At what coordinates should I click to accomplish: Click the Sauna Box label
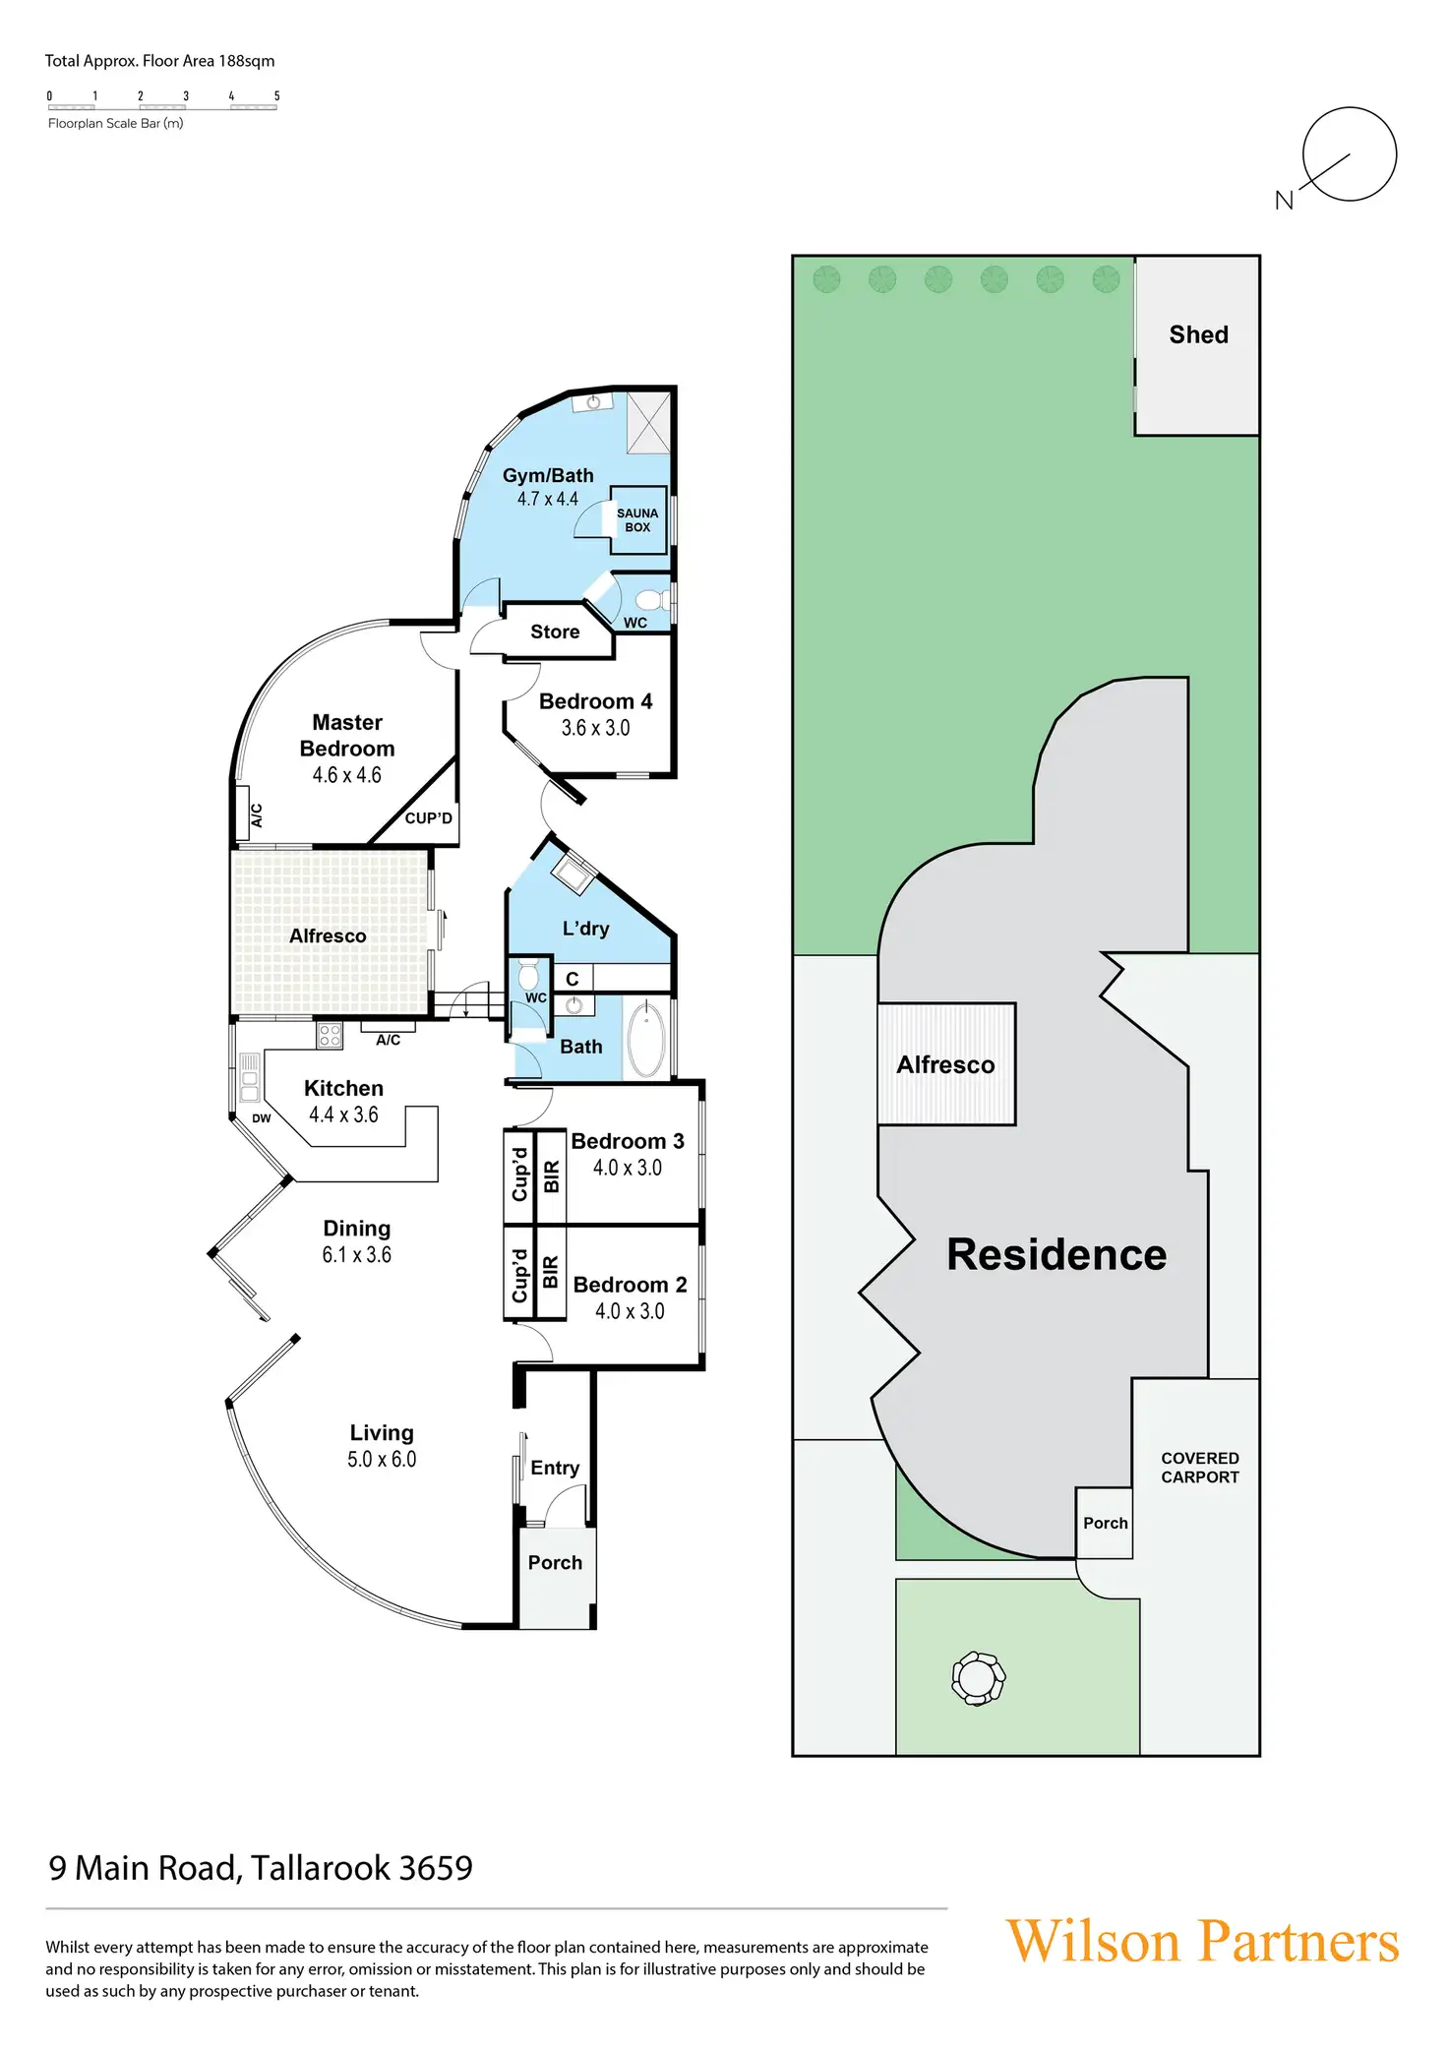click(637, 520)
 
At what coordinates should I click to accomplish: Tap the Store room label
click(555, 632)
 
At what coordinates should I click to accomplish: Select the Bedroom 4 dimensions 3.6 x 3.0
click(595, 728)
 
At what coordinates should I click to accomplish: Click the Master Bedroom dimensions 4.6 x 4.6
click(347, 775)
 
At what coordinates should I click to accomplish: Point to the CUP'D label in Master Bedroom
click(428, 818)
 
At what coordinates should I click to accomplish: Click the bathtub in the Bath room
click(646, 1041)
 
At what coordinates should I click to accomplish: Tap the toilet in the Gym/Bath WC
click(650, 600)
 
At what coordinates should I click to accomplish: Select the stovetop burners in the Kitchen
click(330, 1035)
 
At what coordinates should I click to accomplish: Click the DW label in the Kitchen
click(261, 1118)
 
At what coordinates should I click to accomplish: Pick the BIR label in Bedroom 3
click(552, 1176)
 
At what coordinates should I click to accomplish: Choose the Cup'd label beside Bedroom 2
click(519, 1276)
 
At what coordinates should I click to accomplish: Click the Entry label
click(555, 1468)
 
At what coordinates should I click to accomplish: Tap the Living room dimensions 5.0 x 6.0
click(382, 1460)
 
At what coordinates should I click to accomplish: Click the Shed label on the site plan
click(1198, 334)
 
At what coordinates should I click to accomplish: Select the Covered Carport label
click(1199, 1468)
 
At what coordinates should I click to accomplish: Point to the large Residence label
click(1056, 1254)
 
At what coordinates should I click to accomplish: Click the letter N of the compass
click(1284, 201)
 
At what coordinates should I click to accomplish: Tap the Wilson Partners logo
click(1202, 1941)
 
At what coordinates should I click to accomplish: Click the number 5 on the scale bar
click(277, 96)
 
